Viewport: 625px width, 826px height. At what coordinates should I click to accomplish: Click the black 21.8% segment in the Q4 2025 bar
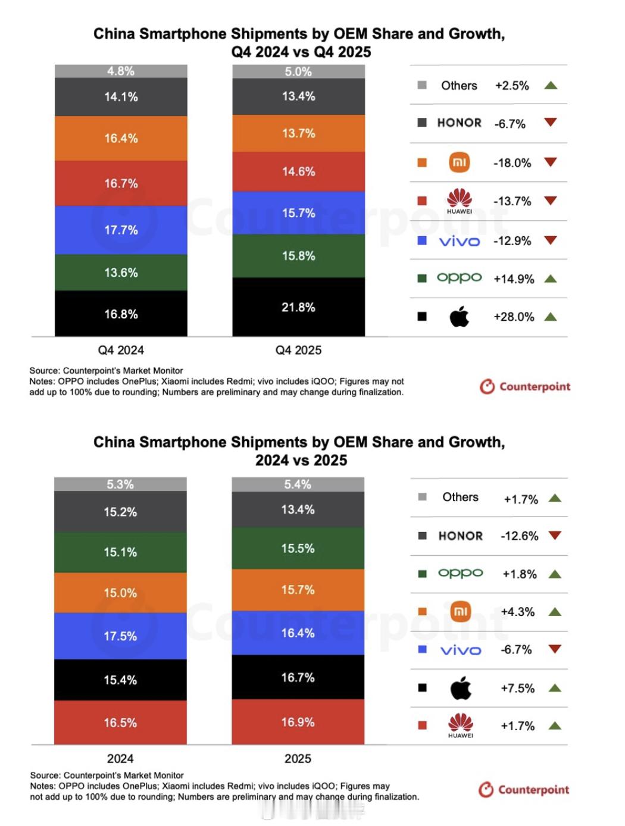coord(298,307)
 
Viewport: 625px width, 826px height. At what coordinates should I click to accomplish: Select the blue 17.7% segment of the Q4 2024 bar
coord(121,230)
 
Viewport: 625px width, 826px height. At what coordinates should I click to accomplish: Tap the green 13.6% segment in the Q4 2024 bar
coord(121,273)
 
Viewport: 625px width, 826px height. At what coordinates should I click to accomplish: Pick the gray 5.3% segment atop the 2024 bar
coord(120,484)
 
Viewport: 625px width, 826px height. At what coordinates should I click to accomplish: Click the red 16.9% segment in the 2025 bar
coord(298,722)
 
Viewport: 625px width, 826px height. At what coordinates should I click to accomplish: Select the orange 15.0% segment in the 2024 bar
coord(120,593)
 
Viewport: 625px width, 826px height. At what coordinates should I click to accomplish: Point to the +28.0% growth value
coord(514,317)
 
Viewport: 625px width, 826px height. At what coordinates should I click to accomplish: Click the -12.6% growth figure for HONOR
coord(519,536)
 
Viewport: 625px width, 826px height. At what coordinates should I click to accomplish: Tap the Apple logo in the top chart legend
coord(459,317)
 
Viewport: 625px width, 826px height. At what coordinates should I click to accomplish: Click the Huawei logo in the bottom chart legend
coord(460,725)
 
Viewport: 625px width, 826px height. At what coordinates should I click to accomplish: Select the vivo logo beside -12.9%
coord(459,241)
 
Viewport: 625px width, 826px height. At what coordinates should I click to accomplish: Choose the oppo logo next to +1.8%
coord(460,573)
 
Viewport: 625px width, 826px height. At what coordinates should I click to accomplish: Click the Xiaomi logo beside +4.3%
coord(460,611)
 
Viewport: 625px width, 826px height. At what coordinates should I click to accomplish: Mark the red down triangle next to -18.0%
coord(551,162)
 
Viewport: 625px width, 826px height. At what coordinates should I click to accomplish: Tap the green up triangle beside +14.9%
coord(551,279)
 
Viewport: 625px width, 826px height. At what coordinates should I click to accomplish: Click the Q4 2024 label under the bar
coord(121,350)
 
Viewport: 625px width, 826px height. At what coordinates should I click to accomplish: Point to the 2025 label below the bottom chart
coord(298,758)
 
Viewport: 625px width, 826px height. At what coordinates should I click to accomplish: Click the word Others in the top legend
coord(459,85)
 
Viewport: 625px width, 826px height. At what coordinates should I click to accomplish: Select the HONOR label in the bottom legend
coord(460,536)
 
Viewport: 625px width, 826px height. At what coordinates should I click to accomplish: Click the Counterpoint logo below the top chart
coord(525,387)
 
